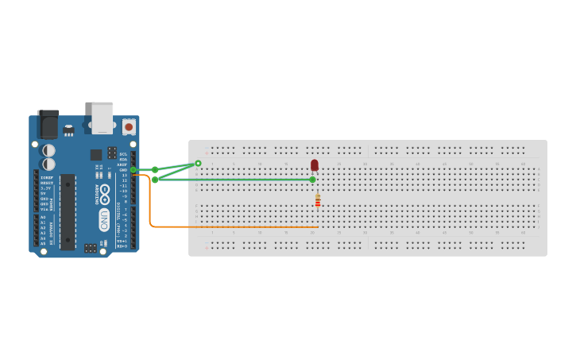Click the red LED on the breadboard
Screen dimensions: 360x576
pos(315,165)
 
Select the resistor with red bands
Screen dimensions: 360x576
pos(318,202)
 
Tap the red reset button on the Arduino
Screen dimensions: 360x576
pos(129,126)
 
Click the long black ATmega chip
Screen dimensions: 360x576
pos(68,211)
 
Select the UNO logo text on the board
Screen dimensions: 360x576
pos(104,219)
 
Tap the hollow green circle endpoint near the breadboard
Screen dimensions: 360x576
pos(198,164)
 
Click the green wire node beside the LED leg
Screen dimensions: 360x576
pos(312,180)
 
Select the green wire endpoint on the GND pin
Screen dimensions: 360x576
pos(133,170)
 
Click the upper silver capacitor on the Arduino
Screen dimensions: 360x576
pos(48,150)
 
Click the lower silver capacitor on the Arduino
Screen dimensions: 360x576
pos(48,164)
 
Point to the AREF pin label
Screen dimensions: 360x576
pos(123,165)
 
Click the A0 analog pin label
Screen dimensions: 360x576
pos(43,217)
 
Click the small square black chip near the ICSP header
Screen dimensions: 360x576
pos(96,155)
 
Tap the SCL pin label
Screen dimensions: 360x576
pos(123,154)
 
